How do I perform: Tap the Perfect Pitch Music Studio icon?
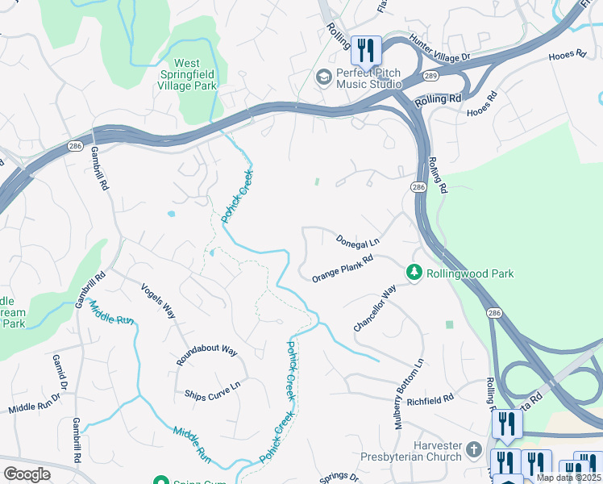click(x=323, y=77)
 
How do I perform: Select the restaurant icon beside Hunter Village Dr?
click(x=366, y=50)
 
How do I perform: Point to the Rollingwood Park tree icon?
click(x=414, y=273)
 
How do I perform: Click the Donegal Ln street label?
click(x=357, y=240)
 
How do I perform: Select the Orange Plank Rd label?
click(x=343, y=269)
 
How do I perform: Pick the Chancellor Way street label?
click(x=375, y=307)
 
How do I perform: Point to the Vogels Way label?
click(x=158, y=300)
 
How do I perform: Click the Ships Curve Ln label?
click(x=213, y=391)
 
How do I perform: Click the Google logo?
click(x=27, y=474)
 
